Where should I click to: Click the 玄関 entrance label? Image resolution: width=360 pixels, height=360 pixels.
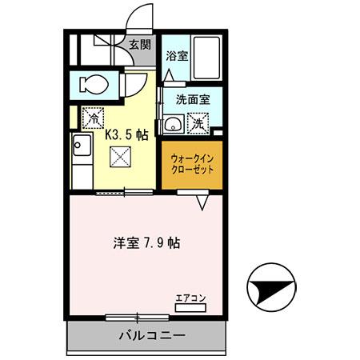point(140,44)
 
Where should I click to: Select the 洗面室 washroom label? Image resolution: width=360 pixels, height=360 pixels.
point(192,102)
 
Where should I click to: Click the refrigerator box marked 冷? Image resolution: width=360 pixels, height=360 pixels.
point(93,116)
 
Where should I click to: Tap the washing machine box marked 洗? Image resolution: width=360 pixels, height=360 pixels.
point(197,124)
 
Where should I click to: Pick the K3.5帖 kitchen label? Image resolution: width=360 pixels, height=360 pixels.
point(126,135)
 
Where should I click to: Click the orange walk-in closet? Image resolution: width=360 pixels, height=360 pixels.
point(191,164)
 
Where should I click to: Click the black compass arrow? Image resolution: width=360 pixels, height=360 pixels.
point(272,288)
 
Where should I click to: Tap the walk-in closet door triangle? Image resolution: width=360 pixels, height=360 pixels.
point(203,203)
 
